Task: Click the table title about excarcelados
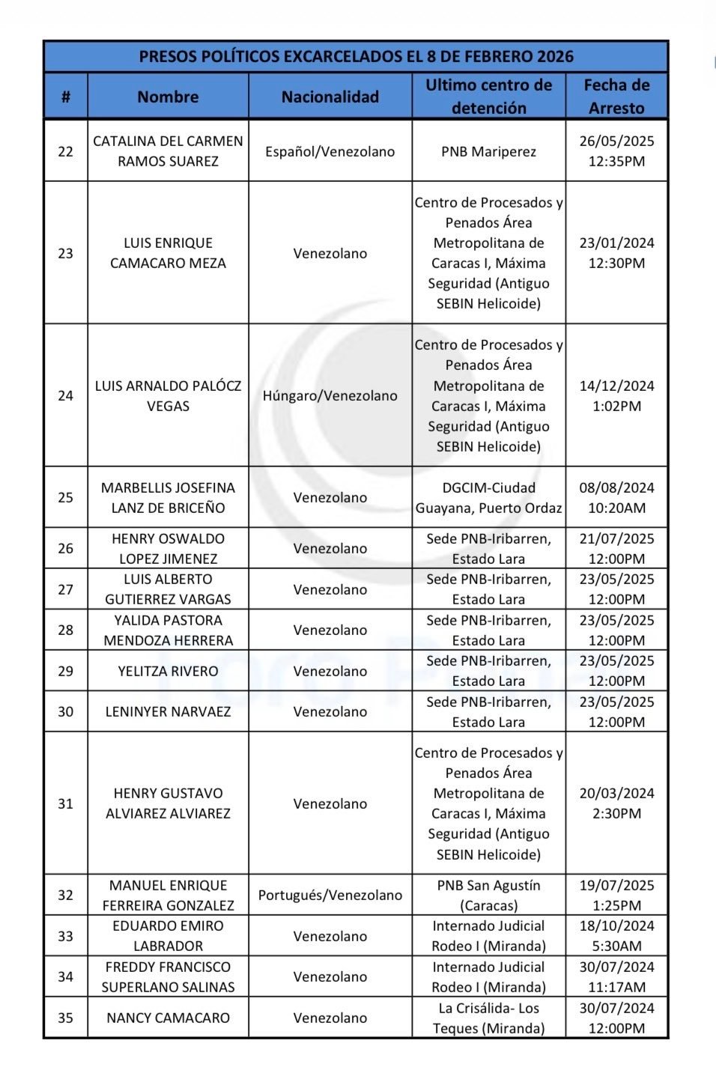point(356,56)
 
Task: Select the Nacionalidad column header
point(330,97)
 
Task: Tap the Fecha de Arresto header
point(616,97)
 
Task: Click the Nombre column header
point(168,97)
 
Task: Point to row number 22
point(66,151)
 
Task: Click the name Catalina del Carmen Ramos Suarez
point(168,151)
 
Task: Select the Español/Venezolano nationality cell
point(330,151)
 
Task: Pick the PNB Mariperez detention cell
point(488,151)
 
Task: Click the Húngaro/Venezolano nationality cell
point(330,395)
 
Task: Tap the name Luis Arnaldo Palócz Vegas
point(168,395)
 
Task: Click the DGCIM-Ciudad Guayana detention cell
point(488,497)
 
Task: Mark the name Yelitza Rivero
point(168,671)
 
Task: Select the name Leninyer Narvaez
point(168,711)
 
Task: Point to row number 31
point(66,803)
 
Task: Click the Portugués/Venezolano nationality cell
point(330,895)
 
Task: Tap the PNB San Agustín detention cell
point(488,895)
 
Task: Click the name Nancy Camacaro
point(168,1018)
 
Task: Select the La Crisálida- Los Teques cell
point(488,1018)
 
